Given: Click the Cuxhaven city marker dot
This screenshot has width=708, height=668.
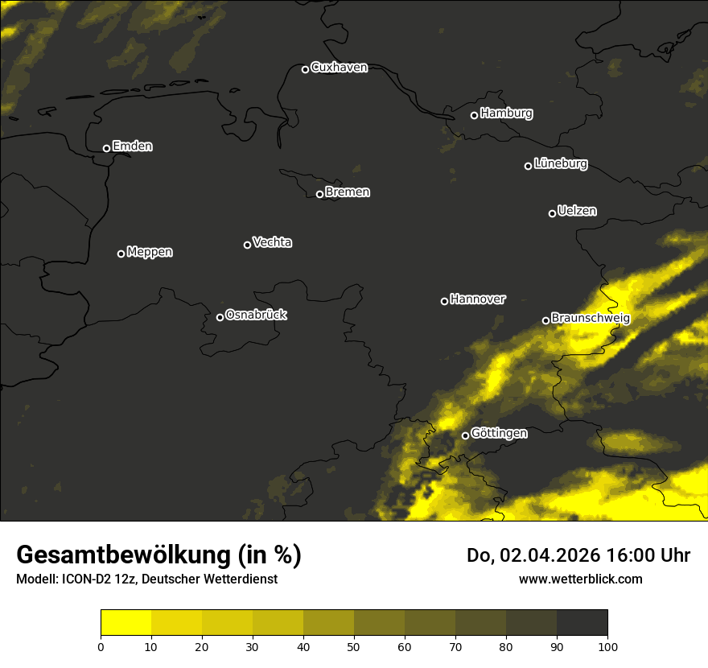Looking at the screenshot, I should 305,69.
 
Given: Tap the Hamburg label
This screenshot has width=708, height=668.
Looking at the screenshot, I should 506,113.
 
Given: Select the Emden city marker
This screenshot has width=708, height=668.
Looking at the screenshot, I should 106,148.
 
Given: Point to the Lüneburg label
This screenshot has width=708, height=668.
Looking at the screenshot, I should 560,164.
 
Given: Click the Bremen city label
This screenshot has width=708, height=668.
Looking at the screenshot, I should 348,192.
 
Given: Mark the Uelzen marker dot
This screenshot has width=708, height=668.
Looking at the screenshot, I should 552,213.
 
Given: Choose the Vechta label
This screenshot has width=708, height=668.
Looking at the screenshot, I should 272,242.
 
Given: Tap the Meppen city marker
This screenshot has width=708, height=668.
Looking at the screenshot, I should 121,254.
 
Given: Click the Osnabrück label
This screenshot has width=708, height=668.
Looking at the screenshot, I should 256,315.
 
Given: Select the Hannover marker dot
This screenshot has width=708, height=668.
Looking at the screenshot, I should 444,301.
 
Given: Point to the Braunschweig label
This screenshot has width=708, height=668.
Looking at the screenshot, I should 591,319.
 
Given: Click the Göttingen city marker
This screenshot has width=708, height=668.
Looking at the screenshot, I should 465,435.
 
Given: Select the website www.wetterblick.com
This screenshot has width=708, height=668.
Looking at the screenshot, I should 580,579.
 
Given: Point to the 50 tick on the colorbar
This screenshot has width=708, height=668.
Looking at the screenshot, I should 354,645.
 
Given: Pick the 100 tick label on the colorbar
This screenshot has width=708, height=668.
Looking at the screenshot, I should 607,645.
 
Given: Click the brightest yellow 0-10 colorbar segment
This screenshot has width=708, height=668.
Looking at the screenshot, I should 126,623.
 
